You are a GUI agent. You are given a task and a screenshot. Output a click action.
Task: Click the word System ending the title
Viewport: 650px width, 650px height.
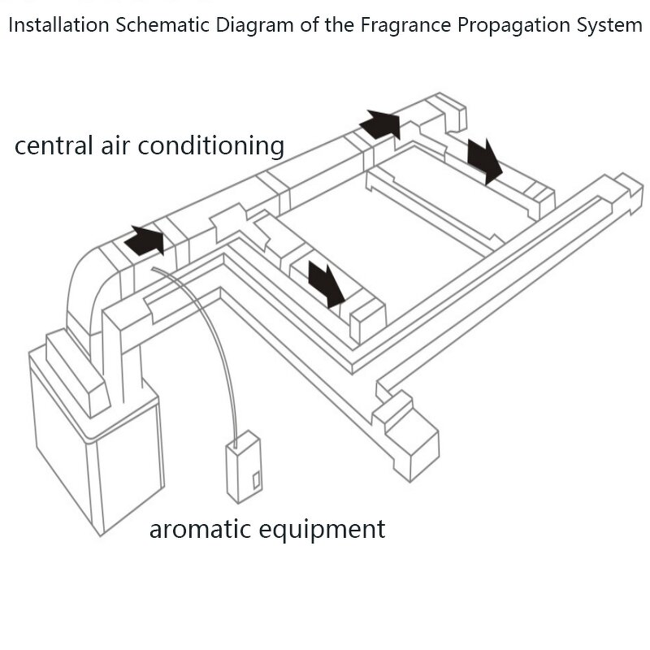coord(607,27)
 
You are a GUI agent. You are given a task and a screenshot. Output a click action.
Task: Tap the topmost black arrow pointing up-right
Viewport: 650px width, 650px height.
coord(380,124)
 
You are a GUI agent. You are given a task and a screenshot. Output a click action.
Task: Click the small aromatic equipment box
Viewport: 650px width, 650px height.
coord(244,472)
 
